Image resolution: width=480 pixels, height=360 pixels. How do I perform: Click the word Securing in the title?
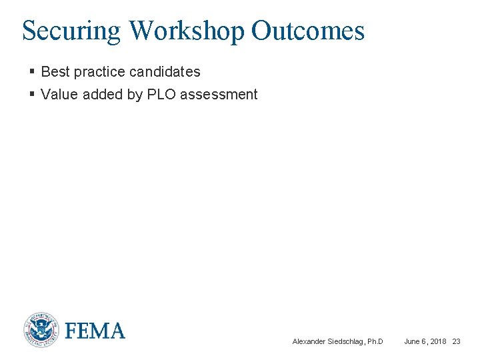pos(71,31)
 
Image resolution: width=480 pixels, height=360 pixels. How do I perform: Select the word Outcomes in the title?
pos(308,31)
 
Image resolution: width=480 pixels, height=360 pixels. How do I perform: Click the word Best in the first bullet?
pos(55,71)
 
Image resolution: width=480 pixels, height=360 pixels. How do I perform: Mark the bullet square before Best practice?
pos(32,71)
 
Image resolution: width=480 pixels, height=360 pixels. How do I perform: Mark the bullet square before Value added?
pos(32,95)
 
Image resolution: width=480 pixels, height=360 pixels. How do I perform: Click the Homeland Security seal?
pos(41,330)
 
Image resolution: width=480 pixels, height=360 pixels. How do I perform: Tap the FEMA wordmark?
pos(95,331)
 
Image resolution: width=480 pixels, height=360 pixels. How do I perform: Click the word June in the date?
pos(412,341)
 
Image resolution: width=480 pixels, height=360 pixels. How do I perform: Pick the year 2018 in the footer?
pos(437,341)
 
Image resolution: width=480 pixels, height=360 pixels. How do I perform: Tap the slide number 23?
pos(457,341)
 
